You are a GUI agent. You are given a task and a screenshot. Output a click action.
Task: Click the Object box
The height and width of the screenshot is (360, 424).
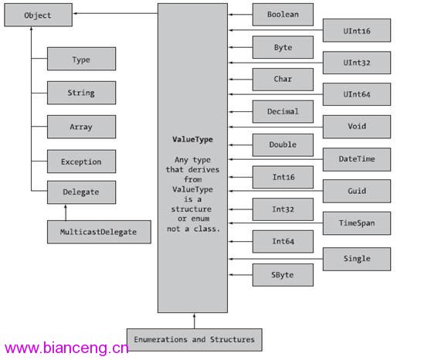(38, 15)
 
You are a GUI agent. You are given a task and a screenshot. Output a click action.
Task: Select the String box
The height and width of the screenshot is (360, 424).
(81, 93)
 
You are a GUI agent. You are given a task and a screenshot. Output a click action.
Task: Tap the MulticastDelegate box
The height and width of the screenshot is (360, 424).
(99, 232)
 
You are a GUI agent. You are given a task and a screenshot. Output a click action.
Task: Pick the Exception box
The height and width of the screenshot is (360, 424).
(81, 161)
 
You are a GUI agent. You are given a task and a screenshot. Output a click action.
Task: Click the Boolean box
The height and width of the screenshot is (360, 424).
(283, 15)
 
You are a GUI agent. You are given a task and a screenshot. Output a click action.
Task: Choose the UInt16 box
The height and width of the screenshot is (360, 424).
(357, 30)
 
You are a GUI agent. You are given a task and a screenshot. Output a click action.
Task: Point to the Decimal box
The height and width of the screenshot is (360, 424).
(283, 111)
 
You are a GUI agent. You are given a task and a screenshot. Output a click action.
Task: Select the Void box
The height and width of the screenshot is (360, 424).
(357, 127)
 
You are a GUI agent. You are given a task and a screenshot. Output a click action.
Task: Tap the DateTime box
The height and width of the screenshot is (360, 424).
(357, 159)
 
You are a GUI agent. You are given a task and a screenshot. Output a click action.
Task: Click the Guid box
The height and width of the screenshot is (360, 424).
(357, 191)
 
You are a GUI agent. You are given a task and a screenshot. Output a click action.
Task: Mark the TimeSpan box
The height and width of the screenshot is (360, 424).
(357, 223)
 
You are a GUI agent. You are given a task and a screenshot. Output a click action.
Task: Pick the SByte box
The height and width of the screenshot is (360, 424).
(283, 275)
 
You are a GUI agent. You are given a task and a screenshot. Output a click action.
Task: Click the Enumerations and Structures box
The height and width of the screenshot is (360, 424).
(195, 340)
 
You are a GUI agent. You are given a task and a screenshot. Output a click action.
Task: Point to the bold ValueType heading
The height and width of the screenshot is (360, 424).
(192, 139)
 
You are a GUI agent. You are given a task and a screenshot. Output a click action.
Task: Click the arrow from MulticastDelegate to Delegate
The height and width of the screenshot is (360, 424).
(66, 212)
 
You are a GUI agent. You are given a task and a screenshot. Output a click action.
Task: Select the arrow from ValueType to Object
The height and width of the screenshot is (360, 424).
(116, 13)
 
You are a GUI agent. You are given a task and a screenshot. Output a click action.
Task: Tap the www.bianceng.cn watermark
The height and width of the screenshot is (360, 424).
(66, 348)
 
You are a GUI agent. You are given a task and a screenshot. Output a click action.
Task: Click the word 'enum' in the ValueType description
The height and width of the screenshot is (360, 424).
(200, 219)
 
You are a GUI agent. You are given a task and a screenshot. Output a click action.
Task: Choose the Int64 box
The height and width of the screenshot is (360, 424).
(283, 242)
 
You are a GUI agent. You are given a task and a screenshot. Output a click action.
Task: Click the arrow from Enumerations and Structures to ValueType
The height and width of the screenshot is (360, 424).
(194, 321)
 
